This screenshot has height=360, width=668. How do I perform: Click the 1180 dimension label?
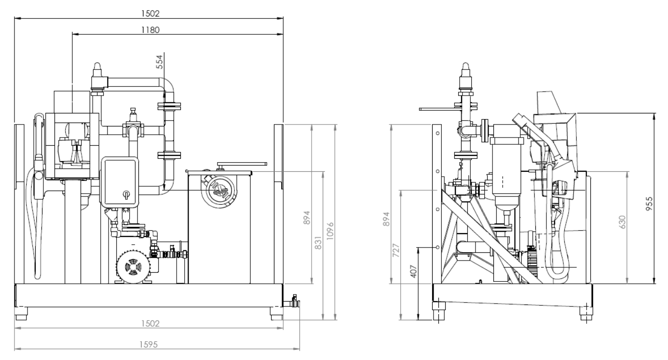tap(150, 30)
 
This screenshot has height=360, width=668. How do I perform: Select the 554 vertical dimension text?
tap(160, 62)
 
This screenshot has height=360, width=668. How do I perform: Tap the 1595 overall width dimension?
tap(149, 345)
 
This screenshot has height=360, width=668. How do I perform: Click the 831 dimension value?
tap(318, 243)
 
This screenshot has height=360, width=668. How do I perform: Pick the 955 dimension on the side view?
tap(649, 204)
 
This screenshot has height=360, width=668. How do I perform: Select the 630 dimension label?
tap(622, 222)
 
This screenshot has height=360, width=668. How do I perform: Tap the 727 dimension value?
tap(395, 250)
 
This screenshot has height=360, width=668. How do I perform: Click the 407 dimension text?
tap(413, 271)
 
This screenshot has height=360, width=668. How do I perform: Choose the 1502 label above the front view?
tap(150, 14)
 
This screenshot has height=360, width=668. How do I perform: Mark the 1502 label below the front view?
tap(150, 324)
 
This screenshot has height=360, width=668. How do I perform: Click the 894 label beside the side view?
tap(386, 219)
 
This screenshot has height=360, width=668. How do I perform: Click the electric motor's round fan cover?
tap(132, 266)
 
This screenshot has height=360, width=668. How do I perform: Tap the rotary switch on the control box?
tap(125, 194)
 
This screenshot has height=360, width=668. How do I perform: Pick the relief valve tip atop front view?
tap(97, 66)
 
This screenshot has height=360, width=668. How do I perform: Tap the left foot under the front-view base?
tap(21, 314)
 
